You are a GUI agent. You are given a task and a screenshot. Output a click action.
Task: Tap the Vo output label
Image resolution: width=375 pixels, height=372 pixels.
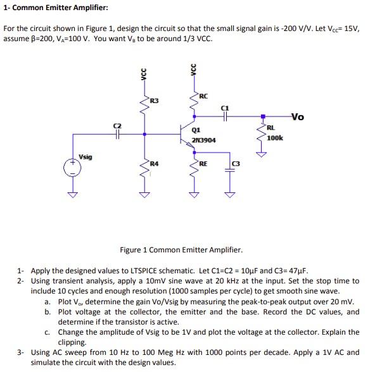[x=298, y=116]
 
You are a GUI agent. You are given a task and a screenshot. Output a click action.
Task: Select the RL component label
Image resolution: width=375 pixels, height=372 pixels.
[x=270, y=128]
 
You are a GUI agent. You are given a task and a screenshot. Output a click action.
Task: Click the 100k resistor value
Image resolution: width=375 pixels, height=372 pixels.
[x=275, y=137]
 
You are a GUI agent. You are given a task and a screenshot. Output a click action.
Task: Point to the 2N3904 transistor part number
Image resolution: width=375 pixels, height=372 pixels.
[x=203, y=140]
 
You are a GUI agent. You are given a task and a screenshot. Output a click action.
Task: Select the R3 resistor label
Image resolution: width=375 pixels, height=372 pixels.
[x=155, y=101]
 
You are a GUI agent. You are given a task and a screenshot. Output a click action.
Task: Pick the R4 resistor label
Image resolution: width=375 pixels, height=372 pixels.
[x=154, y=164]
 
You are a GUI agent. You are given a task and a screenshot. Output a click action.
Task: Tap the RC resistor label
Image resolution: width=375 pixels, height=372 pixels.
[x=203, y=96]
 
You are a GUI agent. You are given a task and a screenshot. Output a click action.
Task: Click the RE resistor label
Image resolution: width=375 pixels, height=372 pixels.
[x=203, y=164]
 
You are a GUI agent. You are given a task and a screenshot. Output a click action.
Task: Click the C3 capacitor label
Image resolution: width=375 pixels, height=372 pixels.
[x=236, y=165]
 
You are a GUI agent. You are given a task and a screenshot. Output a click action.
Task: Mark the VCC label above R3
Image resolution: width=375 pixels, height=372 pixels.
[x=143, y=73]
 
